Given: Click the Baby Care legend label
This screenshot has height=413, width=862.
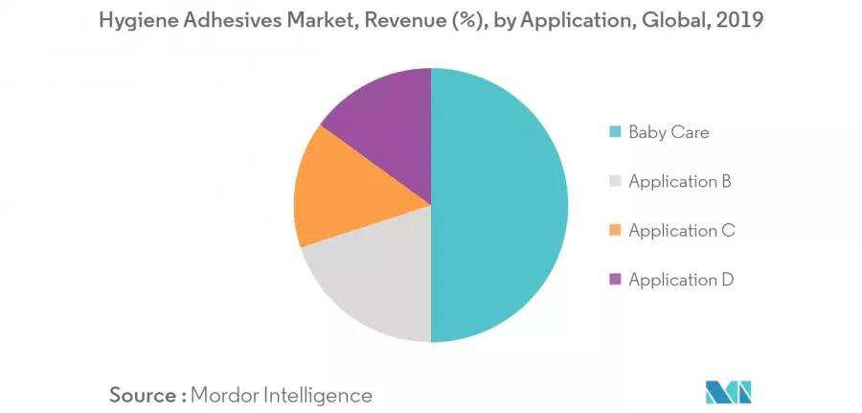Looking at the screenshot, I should (x=669, y=132).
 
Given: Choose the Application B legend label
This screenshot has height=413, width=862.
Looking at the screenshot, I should (x=681, y=181).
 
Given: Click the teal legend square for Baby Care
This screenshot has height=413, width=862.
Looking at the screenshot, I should (x=614, y=132).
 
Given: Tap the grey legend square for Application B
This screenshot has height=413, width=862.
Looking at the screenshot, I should (x=614, y=181).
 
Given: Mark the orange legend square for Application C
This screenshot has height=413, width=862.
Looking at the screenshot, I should (x=614, y=230).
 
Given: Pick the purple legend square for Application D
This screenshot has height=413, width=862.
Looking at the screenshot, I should (x=614, y=280).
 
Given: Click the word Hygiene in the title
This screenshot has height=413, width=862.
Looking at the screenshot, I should (x=134, y=20).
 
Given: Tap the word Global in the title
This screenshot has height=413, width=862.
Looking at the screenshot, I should (x=677, y=20).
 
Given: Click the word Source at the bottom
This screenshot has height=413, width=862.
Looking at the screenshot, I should (x=142, y=394).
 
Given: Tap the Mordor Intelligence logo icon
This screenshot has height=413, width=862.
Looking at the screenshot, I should (x=729, y=392).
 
